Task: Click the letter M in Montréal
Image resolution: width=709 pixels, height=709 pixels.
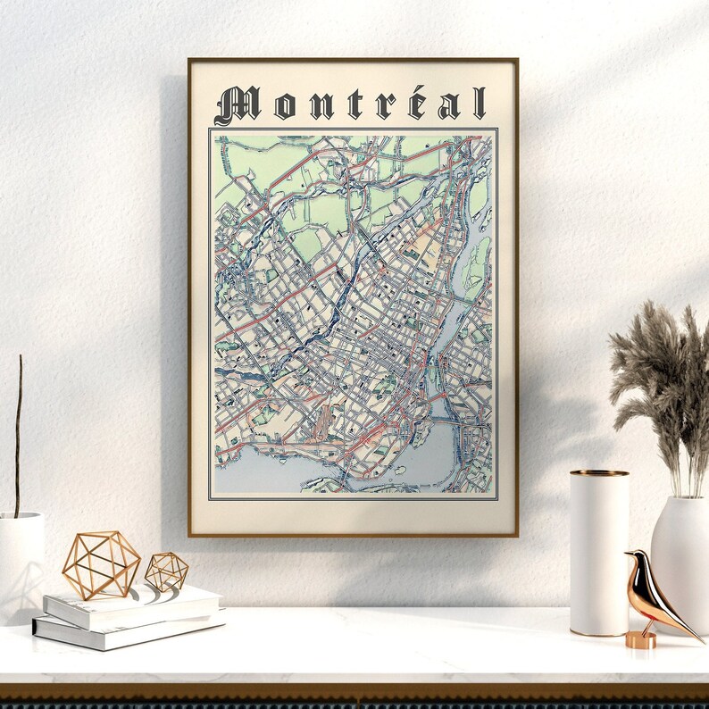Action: (236, 104)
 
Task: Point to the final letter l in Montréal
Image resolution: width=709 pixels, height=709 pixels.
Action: (480, 104)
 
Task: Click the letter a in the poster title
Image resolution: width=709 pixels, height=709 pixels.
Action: (449, 106)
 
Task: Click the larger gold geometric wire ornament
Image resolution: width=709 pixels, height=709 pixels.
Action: (101, 564)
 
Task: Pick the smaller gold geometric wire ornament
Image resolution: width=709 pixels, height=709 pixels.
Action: (167, 571)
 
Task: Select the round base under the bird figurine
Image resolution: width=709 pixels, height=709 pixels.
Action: (640, 639)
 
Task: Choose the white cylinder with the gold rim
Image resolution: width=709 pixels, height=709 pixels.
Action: (599, 554)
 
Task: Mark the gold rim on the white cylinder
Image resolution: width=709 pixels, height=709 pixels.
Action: (599, 473)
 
